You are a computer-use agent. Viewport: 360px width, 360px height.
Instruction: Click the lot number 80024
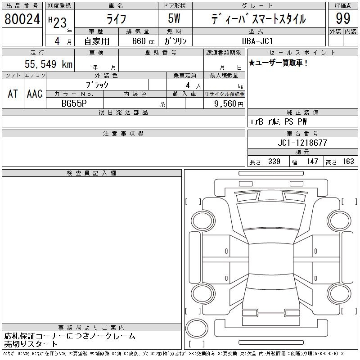[22, 19]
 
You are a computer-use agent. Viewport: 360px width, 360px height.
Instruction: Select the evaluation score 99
[343, 18]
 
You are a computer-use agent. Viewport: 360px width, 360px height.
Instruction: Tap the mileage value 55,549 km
[49, 64]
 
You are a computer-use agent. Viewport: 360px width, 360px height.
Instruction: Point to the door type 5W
[174, 18]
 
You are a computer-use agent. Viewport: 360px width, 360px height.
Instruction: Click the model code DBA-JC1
[257, 41]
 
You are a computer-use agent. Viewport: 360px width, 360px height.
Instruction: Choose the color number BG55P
[74, 103]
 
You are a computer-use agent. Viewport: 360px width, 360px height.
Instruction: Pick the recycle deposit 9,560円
[229, 104]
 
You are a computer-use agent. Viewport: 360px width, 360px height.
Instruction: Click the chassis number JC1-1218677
[302, 143]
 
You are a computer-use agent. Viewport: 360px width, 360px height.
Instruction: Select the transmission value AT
[13, 94]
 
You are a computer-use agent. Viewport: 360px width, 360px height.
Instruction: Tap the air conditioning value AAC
[35, 94]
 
